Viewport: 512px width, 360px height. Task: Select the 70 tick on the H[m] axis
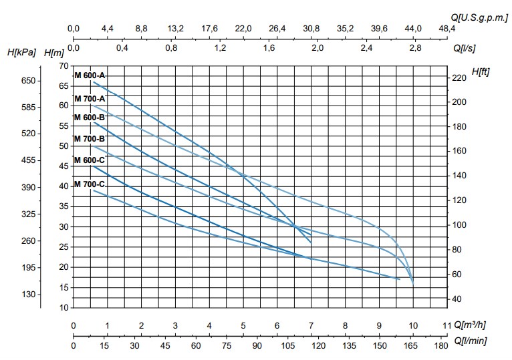63,65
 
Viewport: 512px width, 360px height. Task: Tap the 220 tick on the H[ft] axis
459,78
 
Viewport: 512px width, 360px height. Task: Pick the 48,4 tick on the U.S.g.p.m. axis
446,29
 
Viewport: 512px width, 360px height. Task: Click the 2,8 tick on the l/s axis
415,49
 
